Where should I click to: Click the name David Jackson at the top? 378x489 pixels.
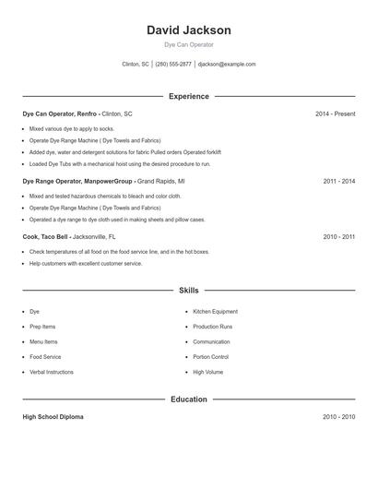coord(189,30)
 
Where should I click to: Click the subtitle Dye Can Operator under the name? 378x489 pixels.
coord(189,44)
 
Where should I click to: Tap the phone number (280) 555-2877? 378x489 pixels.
coord(173,65)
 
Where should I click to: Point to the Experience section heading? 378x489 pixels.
coord(189,96)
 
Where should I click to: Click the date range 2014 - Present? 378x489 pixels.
coord(335,113)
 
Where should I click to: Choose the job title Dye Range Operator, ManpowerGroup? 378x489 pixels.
coord(78,182)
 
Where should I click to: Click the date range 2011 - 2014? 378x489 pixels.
coord(338,182)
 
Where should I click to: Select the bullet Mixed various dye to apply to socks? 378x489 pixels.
coord(72,129)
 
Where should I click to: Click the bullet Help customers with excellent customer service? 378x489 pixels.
coord(86,264)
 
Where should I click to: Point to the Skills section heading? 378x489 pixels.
coord(189,291)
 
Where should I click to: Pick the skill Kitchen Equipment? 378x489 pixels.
coord(215,312)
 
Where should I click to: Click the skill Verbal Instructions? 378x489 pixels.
coord(52,372)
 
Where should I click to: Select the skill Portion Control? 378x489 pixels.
coord(210,357)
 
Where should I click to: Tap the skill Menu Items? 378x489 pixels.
coord(43,342)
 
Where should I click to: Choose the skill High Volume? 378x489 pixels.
coord(207,372)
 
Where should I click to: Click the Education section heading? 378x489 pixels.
coord(189,400)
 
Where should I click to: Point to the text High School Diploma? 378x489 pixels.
coord(53,417)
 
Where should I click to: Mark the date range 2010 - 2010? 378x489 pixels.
coord(338,417)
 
